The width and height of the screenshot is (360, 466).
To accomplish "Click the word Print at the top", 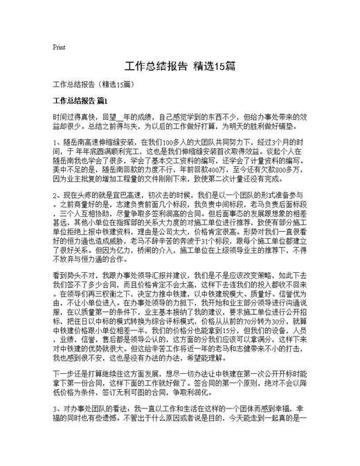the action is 59,48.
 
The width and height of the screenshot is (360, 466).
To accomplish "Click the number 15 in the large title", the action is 217,67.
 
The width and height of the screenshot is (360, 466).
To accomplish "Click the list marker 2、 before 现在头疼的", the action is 57,195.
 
